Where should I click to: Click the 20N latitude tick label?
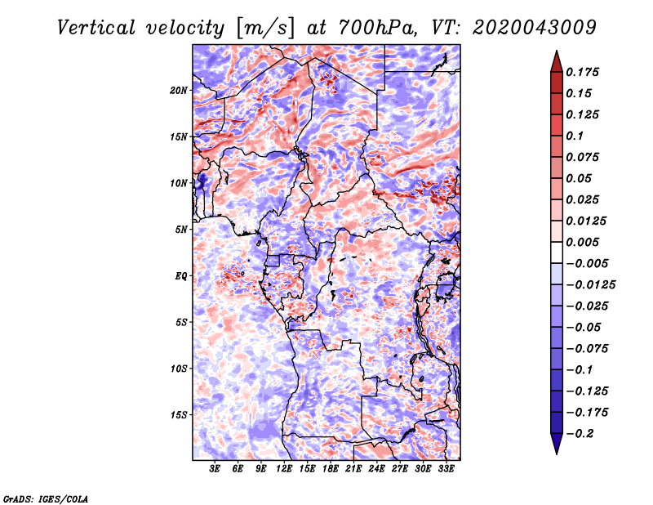point(179,91)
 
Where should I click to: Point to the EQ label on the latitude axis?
point(180,276)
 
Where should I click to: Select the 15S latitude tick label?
point(179,415)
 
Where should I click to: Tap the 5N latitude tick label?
point(181,230)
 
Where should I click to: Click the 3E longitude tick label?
point(215,469)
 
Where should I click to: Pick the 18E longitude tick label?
point(331,469)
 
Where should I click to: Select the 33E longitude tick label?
point(446,469)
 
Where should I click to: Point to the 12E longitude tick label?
point(284,469)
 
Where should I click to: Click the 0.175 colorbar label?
point(582,72)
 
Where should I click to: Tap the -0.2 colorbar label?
point(580,434)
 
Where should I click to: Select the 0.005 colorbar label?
point(582,242)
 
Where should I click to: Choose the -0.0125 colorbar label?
point(590,285)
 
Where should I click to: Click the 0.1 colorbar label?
point(575,136)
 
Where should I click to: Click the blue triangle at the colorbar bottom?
point(557,444)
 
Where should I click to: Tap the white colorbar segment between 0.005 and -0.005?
point(557,252)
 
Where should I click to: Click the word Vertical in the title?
point(96,28)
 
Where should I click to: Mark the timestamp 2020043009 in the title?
point(535,28)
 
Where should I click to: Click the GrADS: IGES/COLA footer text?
point(46,498)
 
